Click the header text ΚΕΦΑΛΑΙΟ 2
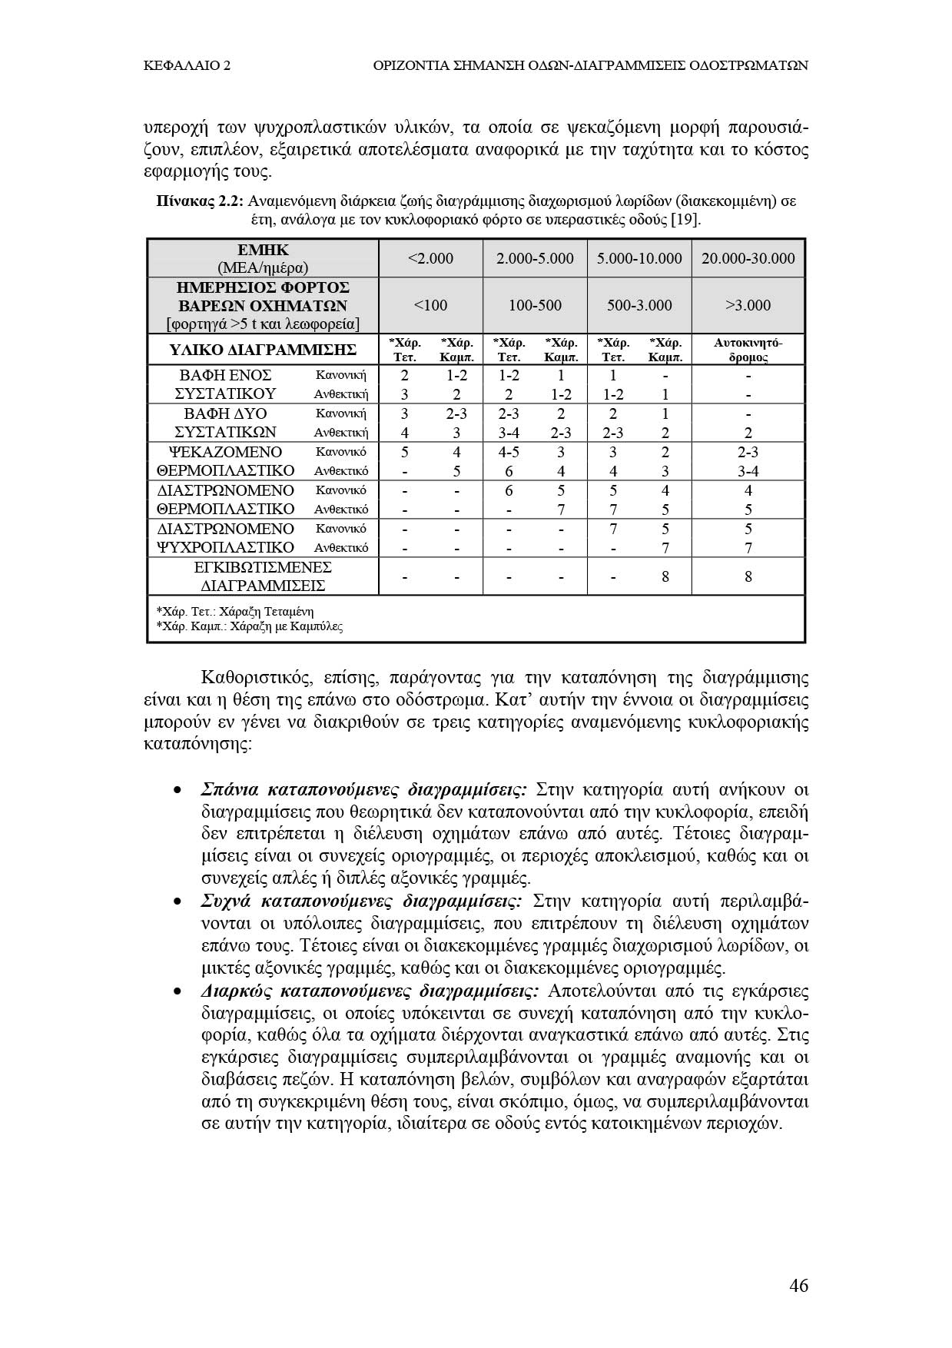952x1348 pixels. (187, 65)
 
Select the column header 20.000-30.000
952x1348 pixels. (748, 258)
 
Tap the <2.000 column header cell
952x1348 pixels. (430, 258)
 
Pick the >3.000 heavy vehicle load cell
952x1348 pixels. (748, 305)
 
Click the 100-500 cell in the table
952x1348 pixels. (535, 305)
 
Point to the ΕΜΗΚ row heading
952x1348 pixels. (263, 250)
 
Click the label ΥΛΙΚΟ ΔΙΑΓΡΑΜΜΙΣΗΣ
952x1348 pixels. (262, 350)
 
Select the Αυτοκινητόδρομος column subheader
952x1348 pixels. (748, 350)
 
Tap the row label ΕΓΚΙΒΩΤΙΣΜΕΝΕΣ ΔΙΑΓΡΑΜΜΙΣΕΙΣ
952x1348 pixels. (262, 576)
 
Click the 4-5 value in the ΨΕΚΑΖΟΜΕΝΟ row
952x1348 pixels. (509, 452)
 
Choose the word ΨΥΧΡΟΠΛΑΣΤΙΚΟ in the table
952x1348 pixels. (225, 547)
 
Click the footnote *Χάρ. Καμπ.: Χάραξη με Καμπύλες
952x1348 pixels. (249, 626)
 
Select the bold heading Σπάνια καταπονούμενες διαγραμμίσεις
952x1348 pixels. (363, 790)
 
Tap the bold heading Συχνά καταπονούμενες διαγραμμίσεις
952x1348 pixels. (361, 901)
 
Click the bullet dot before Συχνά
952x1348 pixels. (177, 901)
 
